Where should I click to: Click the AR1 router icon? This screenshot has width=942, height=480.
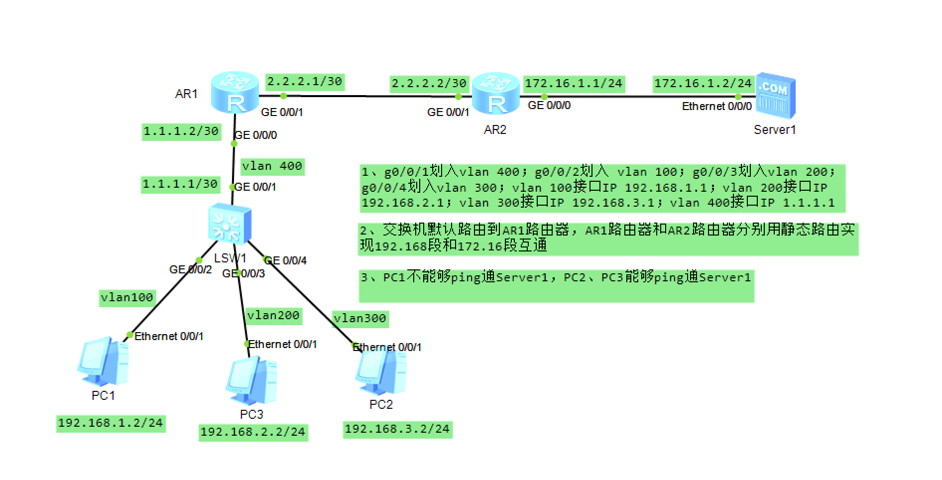click(235, 93)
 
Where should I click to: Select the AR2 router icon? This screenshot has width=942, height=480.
click(495, 94)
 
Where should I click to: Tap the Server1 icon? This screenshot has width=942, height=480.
click(775, 96)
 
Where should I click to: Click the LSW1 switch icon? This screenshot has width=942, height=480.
click(229, 225)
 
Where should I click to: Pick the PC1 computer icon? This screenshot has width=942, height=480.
click(104, 361)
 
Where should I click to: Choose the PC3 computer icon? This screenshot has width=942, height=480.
click(251, 380)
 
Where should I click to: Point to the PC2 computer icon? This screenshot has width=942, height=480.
click(381, 371)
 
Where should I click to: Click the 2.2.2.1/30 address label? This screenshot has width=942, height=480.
click(305, 82)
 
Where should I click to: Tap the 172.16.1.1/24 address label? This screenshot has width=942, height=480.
click(574, 83)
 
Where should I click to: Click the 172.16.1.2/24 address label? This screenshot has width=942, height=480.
click(703, 83)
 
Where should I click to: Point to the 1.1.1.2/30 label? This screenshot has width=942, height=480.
click(181, 131)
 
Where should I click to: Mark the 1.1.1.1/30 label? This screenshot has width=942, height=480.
click(180, 184)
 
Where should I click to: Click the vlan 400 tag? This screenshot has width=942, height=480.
click(272, 166)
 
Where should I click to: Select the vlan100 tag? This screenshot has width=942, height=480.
click(127, 298)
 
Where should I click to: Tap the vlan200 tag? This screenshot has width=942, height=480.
click(273, 316)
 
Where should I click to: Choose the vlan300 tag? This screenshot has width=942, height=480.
click(360, 319)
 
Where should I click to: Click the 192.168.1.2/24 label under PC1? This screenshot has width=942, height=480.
click(111, 423)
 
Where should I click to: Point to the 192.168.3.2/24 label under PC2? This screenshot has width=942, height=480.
click(397, 429)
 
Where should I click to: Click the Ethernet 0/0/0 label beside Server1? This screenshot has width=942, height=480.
click(716, 107)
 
